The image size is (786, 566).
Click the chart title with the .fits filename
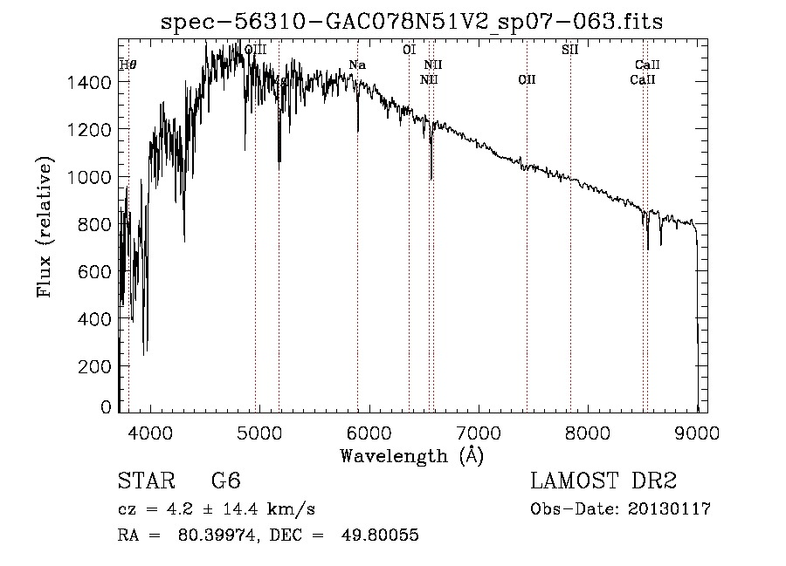point(412,23)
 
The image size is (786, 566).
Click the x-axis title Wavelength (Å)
point(411,455)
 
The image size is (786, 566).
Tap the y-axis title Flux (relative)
point(45,228)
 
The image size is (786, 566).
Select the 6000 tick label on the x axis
point(369,432)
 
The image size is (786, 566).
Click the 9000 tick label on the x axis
point(696,432)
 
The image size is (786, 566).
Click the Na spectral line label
point(357,65)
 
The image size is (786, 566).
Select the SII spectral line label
point(569,50)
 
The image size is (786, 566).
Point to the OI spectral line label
point(409,50)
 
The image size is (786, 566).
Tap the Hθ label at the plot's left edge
point(128,65)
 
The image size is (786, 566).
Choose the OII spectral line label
point(527,80)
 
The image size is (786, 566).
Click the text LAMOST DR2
point(603,481)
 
